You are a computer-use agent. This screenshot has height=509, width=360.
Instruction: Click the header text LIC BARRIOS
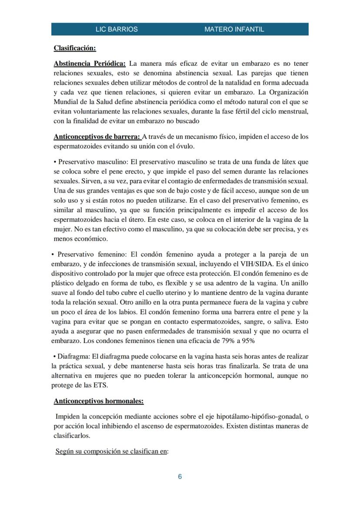[x=117, y=30]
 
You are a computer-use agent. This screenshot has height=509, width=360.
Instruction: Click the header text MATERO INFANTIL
[x=234, y=30]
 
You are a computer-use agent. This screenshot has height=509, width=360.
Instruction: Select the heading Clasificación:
[x=75, y=48]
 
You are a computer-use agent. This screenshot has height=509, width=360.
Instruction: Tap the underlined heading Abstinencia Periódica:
[x=90, y=63]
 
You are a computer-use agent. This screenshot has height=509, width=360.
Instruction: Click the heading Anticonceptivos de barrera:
[x=97, y=136]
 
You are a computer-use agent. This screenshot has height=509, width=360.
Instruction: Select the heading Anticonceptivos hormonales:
[x=98, y=401]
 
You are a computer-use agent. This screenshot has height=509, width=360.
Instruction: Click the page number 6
[x=180, y=477]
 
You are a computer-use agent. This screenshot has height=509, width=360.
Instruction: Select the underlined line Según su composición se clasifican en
[x=111, y=451]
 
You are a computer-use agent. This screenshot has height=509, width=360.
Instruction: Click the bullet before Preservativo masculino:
[x=55, y=162]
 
